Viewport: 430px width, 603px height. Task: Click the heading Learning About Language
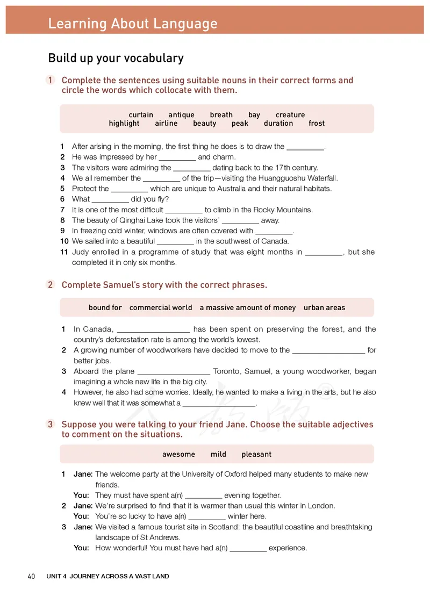click(132, 24)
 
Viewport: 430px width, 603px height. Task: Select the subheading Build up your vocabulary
click(116, 58)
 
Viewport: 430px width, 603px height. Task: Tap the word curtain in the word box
click(141, 114)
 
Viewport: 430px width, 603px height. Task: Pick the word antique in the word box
click(181, 114)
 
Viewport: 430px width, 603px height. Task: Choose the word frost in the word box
click(317, 123)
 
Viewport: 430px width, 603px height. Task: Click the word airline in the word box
click(166, 123)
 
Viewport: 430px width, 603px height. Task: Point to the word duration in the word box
click(278, 123)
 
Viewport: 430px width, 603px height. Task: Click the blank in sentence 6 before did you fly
click(110, 199)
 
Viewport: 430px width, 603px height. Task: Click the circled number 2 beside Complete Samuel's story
click(51, 285)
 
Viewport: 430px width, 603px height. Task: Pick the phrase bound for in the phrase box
click(105, 307)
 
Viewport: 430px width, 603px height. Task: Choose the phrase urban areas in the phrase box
click(324, 307)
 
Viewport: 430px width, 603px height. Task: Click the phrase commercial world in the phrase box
click(161, 307)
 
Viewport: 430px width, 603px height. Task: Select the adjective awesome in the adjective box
click(178, 454)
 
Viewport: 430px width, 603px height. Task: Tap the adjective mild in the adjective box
click(218, 454)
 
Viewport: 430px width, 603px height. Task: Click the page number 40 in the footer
click(31, 576)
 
